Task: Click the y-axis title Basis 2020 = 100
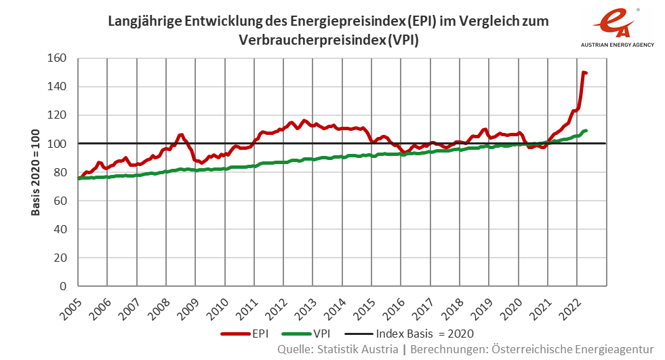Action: (35, 172)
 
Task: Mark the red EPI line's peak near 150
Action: (583, 72)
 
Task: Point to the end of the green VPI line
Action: (586, 130)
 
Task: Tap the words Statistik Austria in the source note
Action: (359, 348)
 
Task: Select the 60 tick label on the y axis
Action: (59, 201)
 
